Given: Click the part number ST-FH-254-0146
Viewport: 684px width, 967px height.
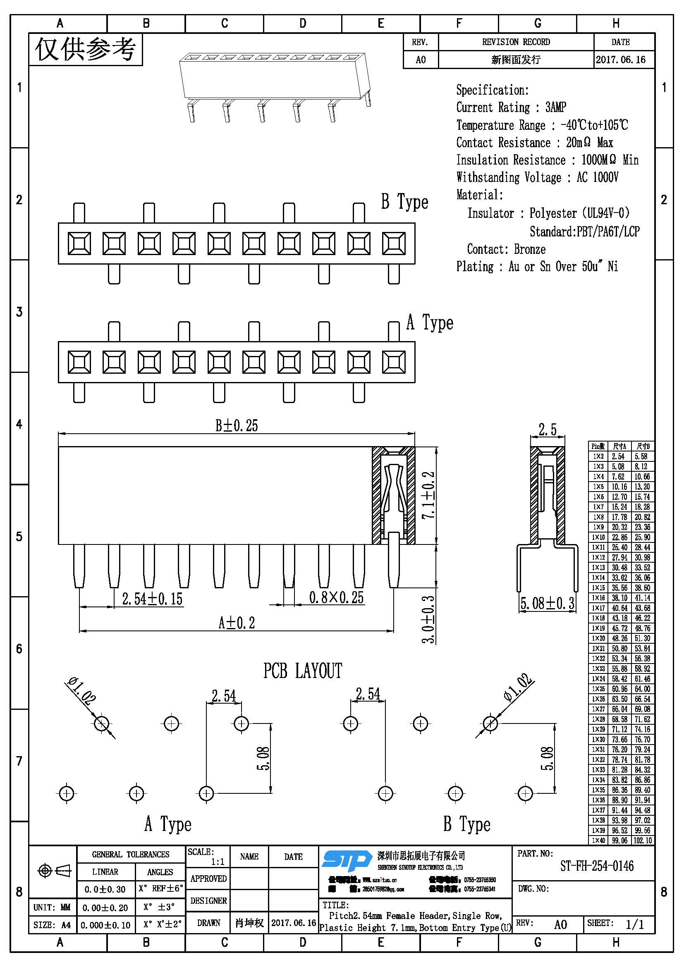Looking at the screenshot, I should (x=596, y=866).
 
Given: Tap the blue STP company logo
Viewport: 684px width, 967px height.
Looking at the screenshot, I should (x=346, y=860).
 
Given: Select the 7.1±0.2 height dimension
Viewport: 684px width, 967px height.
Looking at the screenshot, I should (x=428, y=495).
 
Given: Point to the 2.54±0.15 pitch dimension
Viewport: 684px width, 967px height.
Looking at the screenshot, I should (x=152, y=599).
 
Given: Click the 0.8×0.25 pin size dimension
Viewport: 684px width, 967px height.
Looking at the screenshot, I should (x=336, y=597).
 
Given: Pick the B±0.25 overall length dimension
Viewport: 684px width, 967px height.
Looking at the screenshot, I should (x=236, y=425).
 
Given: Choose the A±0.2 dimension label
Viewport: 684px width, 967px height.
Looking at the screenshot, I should (x=236, y=623).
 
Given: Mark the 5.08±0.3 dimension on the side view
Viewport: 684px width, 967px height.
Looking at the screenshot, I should (x=547, y=604).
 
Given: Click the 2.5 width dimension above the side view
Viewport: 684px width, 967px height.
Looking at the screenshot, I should (x=548, y=430).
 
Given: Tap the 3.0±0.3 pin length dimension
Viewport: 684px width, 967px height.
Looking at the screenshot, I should (x=428, y=619).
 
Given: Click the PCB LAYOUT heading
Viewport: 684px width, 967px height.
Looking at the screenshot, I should (x=302, y=671).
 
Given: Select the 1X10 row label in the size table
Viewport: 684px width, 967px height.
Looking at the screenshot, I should (x=598, y=537).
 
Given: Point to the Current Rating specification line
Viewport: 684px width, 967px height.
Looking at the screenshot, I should (x=511, y=107).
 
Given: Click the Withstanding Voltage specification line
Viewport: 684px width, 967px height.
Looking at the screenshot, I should (x=537, y=177).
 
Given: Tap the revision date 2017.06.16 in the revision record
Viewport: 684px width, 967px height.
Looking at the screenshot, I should (x=620, y=60).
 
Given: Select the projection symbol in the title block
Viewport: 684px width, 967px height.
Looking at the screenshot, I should (x=54, y=870).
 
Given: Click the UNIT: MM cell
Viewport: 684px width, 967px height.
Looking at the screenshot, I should (x=52, y=907).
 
